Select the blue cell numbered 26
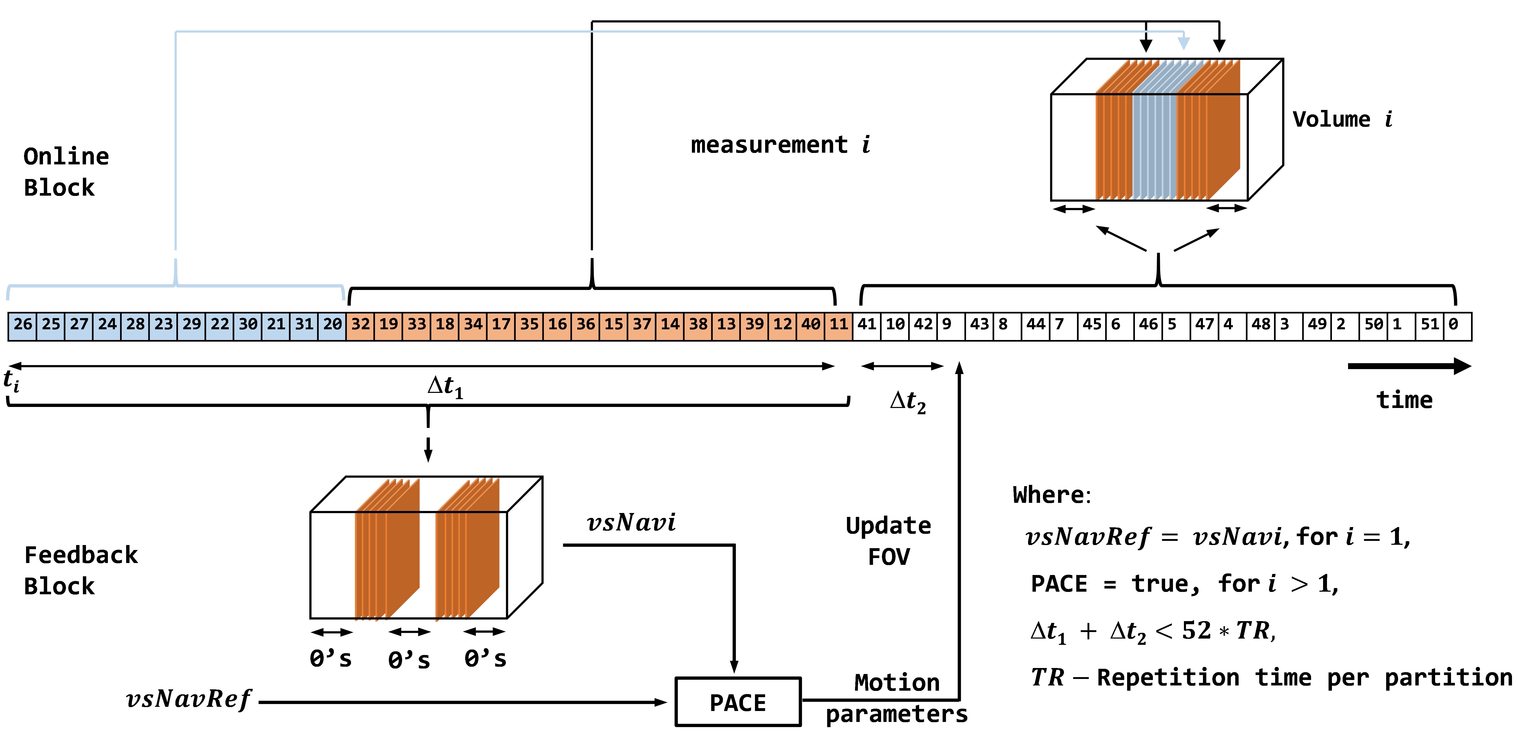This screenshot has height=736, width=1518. tap(22, 325)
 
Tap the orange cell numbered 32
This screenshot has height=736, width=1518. tap(360, 325)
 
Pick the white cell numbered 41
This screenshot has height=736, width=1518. tap(866, 325)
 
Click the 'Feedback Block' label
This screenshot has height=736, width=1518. tap(80, 570)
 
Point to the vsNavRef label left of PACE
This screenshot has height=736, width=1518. tap(189, 700)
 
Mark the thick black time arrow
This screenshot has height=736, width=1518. tap(1408, 366)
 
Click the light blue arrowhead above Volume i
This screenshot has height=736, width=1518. tap(1183, 43)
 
